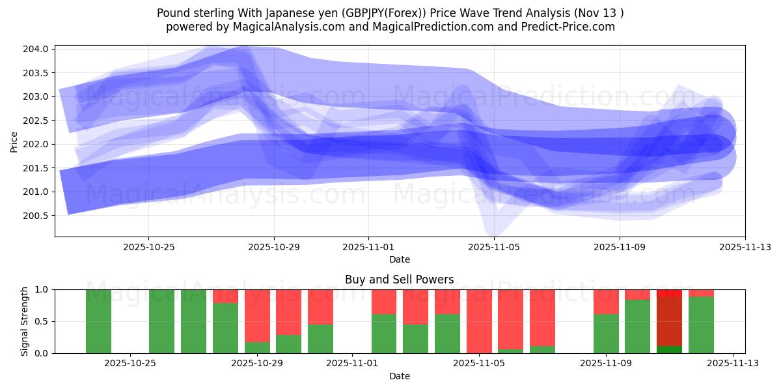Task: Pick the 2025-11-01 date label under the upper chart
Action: [x=368, y=247]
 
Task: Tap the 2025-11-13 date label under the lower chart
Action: [x=733, y=364]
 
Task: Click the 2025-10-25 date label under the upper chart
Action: [x=148, y=247]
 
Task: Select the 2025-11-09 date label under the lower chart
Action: [x=606, y=364]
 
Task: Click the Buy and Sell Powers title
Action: [x=400, y=280]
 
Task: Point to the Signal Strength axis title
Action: [x=24, y=321]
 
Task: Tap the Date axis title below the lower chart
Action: [x=400, y=376]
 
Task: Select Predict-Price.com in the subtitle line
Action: [x=567, y=27]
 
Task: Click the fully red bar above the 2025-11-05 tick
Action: [x=479, y=321]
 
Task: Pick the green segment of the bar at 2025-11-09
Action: [x=606, y=334]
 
